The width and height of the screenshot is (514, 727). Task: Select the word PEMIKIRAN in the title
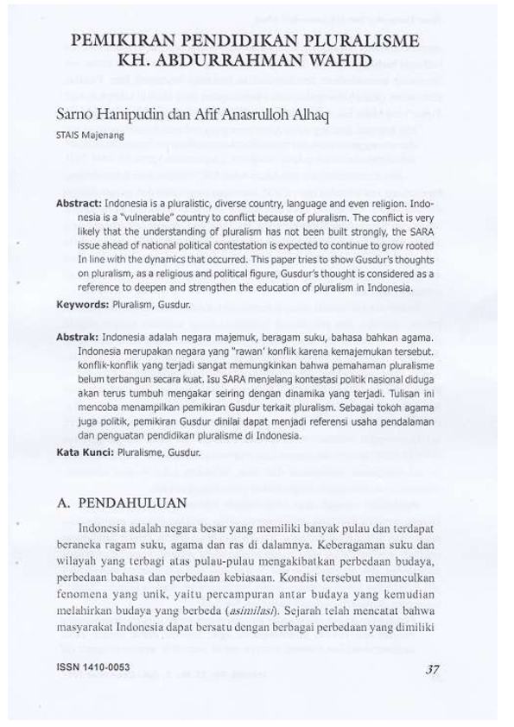[121, 41]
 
